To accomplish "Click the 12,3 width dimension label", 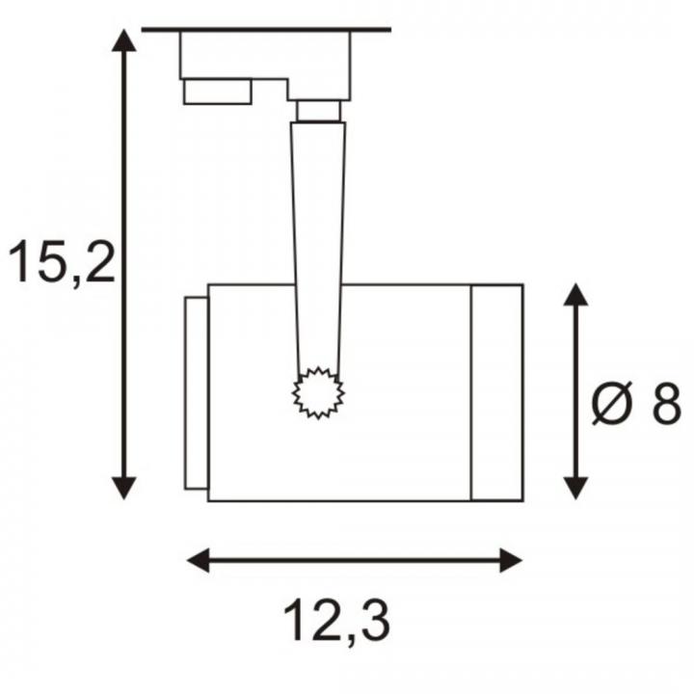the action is tap(336, 622).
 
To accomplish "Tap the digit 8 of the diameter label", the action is tap(666, 403).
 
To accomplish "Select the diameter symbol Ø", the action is tap(612, 403).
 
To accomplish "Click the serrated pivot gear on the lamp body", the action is tap(318, 392).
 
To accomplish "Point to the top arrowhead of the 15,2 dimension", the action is tap(124, 40).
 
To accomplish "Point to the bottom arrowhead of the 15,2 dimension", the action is tap(124, 489).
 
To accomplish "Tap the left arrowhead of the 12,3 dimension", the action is tap(199, 560).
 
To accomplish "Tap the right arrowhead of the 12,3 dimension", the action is tap(511, 560).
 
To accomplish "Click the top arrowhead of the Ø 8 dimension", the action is tap(575, 295).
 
